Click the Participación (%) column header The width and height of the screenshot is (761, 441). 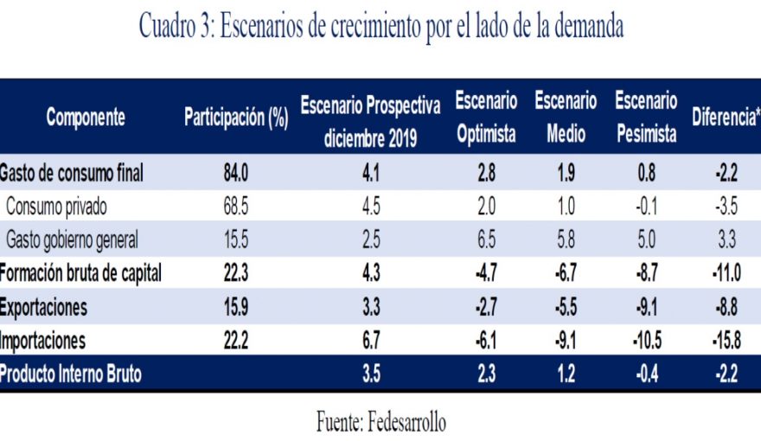(x=235, y=118)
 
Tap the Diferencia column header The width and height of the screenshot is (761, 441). (x=725, y=118)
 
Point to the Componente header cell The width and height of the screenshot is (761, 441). (x=86, y=118)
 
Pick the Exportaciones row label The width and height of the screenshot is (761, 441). (x=44, y=307)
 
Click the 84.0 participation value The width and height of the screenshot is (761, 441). (x=235, y=174)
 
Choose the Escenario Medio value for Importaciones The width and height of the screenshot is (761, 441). (x=566, y=341)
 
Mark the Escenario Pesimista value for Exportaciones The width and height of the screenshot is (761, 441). (x=646, y=307)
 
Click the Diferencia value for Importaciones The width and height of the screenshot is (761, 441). (x=725, y=341)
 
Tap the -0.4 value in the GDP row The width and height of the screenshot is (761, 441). (x=646, y=374)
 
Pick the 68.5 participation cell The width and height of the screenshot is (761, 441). (x=235, y=207)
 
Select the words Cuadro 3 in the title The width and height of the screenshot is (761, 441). (x=174, y=28)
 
